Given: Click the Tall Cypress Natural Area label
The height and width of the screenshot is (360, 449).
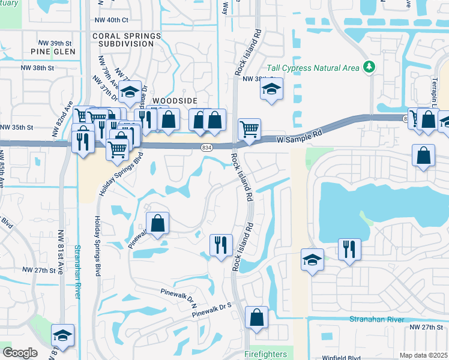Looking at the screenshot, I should [x=317, y=67].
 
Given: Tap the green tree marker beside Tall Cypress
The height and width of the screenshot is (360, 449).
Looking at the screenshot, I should [x=369, y=67].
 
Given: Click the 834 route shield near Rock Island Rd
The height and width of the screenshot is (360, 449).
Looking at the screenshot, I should [x=206, y=148].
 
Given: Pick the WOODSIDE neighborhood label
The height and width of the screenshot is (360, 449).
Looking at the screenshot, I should [x=175, y=101].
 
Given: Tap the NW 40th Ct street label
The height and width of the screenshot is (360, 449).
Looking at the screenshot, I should [x=112, y=20].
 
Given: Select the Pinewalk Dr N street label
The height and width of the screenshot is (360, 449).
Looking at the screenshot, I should [x=178, y=297].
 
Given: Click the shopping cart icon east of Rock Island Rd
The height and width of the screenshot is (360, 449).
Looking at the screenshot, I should [x=249, y=128].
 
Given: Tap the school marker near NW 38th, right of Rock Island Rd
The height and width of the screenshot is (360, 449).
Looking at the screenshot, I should [x=271, y=90].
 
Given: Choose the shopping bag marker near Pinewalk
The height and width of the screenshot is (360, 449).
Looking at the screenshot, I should [x=157, y=223].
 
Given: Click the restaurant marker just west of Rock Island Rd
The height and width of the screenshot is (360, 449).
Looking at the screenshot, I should [x=220, y=244].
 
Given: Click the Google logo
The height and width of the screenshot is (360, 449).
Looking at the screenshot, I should [x=20, y=353].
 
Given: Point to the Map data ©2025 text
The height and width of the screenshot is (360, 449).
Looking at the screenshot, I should [x=423, y=355].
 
